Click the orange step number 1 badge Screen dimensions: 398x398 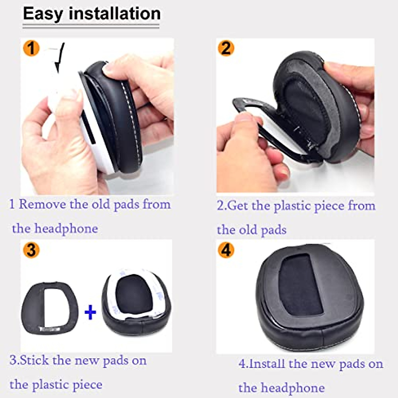tap(31, 48)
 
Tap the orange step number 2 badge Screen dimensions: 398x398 tap(226, 48)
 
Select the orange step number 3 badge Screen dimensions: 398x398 tap(31, 250)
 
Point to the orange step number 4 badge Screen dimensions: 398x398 tap(226, 250)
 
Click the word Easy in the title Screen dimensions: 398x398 tap(43, 14)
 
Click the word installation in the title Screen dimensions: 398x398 tap(115, 14)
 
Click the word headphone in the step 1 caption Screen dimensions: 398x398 tap(66, 229)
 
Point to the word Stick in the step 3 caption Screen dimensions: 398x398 tap(34, 360)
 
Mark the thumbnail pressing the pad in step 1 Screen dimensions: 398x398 tap(109, 69)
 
